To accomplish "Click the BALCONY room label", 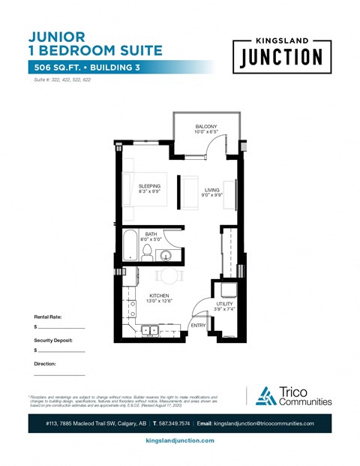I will (206, 125).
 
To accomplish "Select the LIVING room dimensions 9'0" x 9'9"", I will (212, 196).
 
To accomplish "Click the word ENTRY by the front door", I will (198, 325).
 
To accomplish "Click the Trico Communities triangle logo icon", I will (265, 395).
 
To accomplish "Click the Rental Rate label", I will (47, 317).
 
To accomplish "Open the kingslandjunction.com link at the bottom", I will (179, 440).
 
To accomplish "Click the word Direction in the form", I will (45, 363).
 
